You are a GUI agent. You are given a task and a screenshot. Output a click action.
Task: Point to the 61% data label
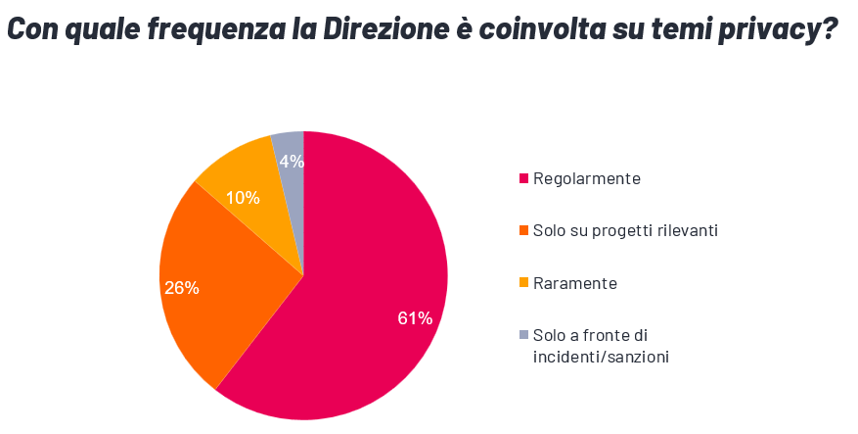point(415,318)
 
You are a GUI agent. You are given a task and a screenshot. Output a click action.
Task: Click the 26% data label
point(182,288)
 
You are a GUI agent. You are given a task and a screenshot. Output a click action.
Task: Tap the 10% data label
point(243,198)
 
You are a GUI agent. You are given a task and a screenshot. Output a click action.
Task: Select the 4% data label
point(291,162)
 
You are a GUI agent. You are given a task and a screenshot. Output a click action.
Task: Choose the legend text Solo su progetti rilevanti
point(625,230)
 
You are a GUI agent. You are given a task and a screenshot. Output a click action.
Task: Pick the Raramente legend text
point(575,283)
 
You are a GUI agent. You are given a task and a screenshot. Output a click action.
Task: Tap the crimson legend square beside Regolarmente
point(523,178)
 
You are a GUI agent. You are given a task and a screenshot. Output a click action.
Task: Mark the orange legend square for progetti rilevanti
point(523,231)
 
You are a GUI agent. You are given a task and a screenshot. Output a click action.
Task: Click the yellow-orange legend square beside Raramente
point(523,283)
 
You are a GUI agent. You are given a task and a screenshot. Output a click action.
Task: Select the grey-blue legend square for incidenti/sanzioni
point(523,335)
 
